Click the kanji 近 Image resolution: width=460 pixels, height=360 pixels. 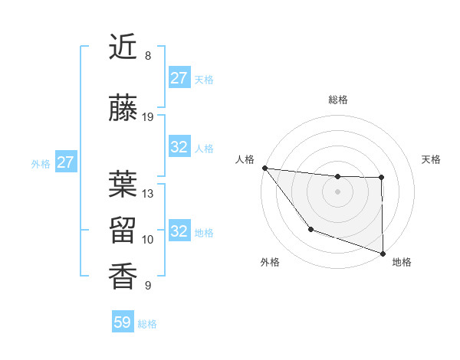point(123,47)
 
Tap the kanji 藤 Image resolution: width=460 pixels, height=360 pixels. point(123,108)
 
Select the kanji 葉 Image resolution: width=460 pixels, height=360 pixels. point(123,184)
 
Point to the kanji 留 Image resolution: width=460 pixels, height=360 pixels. point(123,230)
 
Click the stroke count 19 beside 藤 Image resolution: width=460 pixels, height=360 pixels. point(148,117)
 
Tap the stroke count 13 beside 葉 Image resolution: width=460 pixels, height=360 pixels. point(148,194)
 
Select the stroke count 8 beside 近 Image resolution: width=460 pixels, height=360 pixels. point(148,56)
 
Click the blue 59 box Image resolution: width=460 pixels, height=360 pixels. point(123,322)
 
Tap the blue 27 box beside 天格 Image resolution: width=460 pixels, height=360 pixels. point(179,78)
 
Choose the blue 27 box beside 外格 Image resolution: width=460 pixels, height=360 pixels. point(66,162)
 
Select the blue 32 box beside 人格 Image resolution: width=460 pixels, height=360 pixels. point(179,147)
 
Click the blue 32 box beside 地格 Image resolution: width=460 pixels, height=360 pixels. point(179,231)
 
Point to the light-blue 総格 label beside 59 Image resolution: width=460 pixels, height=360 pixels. point(147,324)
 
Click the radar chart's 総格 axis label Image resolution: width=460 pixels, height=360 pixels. point(337,100)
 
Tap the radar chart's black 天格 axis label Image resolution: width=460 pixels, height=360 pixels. point(432,159)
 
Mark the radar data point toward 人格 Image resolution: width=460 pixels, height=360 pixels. point(264,168)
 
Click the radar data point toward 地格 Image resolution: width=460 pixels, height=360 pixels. point(383,253)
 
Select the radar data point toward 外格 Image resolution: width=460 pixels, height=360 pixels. point(310,229)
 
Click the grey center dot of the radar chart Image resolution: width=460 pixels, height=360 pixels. point(337,191)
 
